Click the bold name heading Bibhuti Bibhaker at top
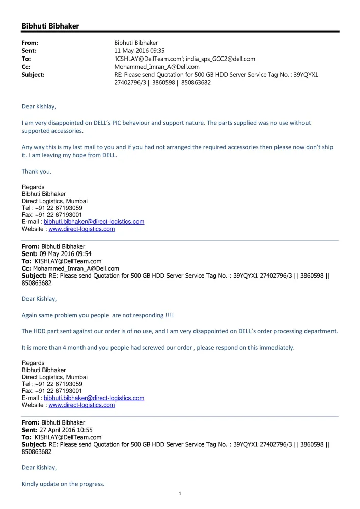point(50,26)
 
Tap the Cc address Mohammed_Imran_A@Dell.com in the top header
point(157,67)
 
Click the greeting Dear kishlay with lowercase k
point(39,106)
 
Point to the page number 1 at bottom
point(180,493)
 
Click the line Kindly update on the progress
point(63,484)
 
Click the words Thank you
point(36,171)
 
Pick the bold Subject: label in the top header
point(33,75)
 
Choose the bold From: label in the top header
point(30,43)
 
